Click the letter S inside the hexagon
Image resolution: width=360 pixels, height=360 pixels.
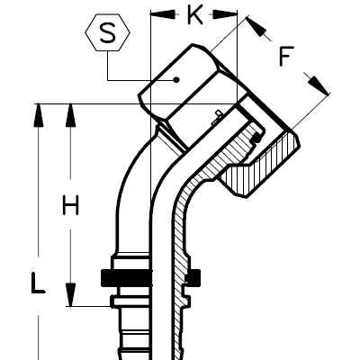(x=107, y=36)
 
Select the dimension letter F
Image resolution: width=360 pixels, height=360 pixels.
(x=284, y=58)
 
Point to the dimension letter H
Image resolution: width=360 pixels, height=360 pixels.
(x=71, y=206)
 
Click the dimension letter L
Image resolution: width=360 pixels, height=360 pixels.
(x=37, y=285)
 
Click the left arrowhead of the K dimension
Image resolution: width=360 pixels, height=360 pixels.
(x=157, y=14)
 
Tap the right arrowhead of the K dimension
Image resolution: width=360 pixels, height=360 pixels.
(x=231, y=14)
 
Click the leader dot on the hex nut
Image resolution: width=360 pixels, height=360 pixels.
(x=177, y=79)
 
